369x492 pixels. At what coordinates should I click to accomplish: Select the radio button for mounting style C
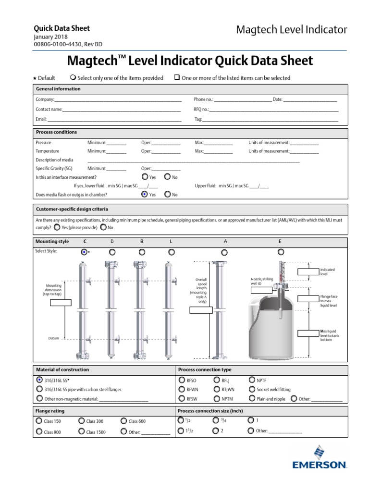84,252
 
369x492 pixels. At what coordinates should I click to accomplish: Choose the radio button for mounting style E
281,251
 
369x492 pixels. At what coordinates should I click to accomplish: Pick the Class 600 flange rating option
124,421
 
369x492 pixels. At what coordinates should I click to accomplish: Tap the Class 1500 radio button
81,431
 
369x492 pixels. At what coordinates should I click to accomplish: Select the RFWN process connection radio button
182,389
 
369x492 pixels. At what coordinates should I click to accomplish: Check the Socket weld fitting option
252,389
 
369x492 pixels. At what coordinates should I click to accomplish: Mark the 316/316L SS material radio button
39,380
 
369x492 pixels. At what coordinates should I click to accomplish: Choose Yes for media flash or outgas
144,195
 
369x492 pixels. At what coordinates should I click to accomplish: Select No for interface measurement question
167,177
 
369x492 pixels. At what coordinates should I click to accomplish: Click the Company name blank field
118,100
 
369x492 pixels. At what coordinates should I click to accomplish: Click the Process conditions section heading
56,132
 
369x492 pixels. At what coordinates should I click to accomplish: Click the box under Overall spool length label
200,310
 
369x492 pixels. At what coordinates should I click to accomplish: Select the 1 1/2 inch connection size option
181,431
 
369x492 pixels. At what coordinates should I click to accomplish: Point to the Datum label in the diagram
53,338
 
